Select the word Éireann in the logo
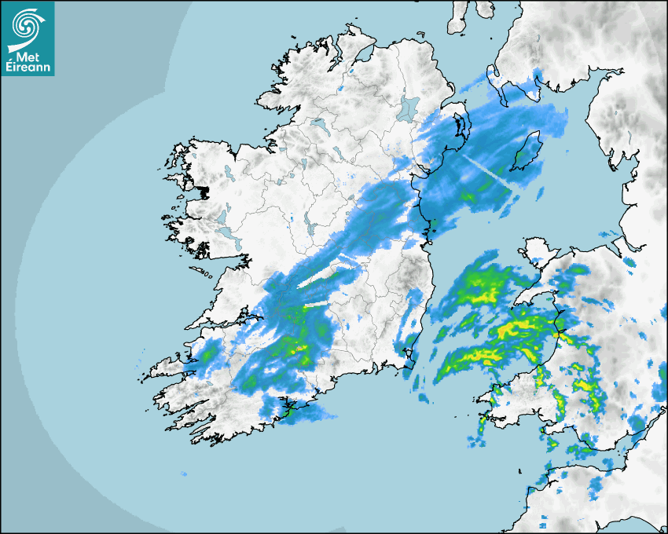click(x=28, y=67)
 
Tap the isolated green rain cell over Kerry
click(x=207, y=355)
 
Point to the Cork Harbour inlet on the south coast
click(x=289, y=407)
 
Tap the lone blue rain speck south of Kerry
click(x=184, y=474)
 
